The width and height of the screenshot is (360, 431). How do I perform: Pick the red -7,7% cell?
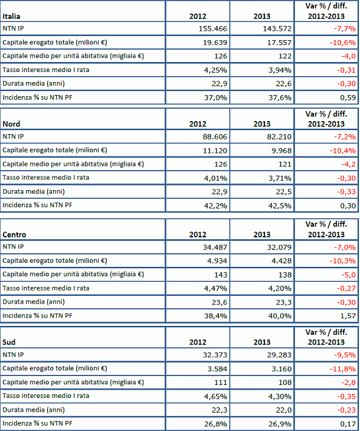click(343, 28)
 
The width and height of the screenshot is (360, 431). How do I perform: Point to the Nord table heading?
click(12, 124)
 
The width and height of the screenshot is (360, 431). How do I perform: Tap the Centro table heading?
click(14, 234)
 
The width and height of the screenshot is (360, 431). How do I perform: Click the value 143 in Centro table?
click(220, 274)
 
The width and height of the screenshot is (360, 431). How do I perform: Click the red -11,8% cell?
click(342, 368)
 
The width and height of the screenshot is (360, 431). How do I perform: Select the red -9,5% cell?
click(343, 355)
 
